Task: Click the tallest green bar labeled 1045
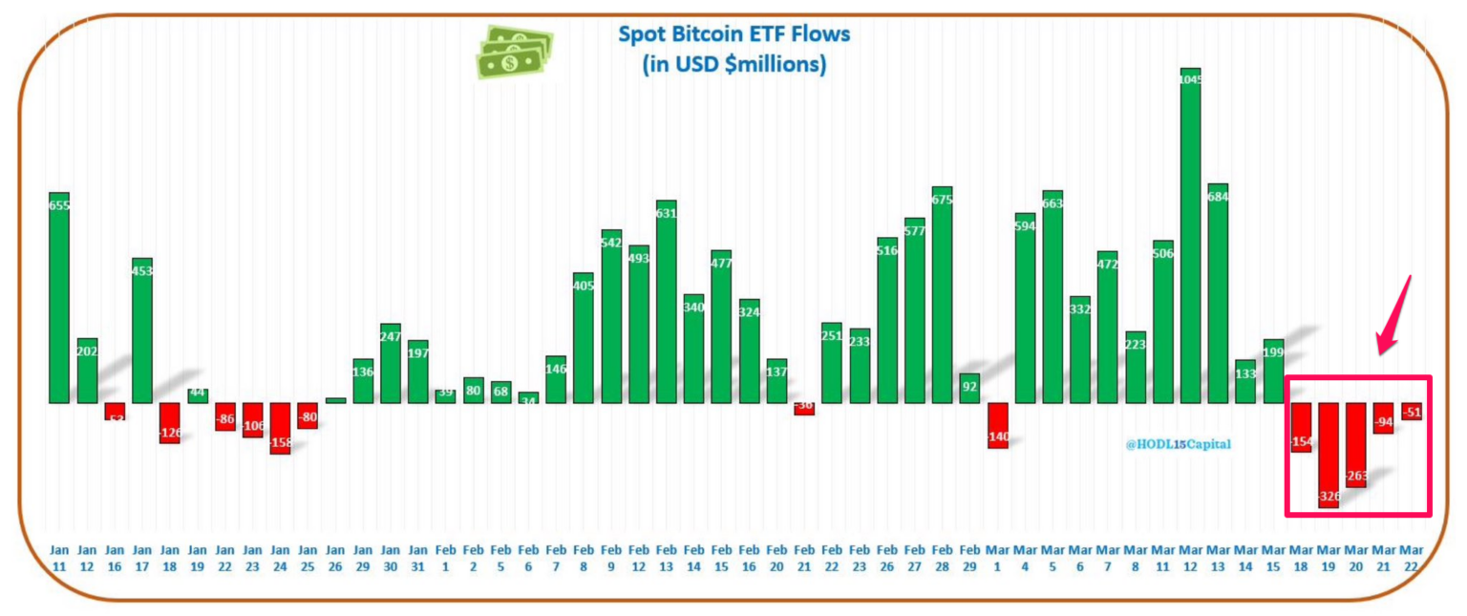(1190, 239)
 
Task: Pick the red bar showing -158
(280, 428)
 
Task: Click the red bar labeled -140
(998, 425)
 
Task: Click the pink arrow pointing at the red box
(1396, 316)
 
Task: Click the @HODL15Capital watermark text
(1178, 444)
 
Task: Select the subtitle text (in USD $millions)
(733, 65)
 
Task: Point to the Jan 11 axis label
(59, 559)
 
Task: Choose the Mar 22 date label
(1411, 559)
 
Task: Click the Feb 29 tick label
(969, 559)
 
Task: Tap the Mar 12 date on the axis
(1190, 559)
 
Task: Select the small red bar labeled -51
(1412, 411)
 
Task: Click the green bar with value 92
(969, 388)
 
